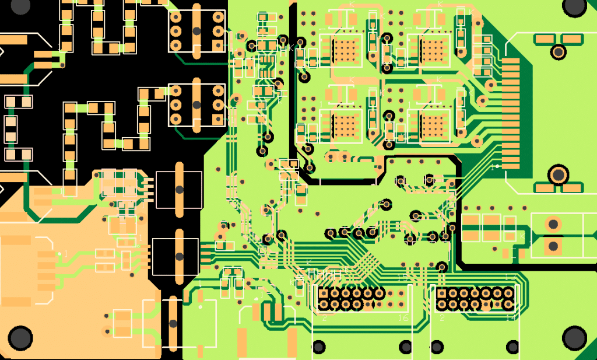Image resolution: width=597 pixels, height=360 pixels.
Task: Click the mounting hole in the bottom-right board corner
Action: click(574, 337)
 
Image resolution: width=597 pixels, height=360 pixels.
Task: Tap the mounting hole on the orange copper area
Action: click(20, 337)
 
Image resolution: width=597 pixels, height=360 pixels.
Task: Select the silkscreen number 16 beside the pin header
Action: click(402, 318)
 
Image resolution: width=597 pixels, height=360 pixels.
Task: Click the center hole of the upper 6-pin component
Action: click(196, 30)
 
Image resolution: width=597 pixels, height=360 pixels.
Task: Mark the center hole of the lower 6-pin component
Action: click(196, 104)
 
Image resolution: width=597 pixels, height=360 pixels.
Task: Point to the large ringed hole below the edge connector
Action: click(559, 174)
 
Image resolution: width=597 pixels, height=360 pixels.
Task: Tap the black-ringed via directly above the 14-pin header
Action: click(441, 267)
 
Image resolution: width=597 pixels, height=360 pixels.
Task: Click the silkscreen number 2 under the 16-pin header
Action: click(324, 319)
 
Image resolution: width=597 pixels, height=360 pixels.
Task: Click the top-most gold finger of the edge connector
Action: click(510, 61)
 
